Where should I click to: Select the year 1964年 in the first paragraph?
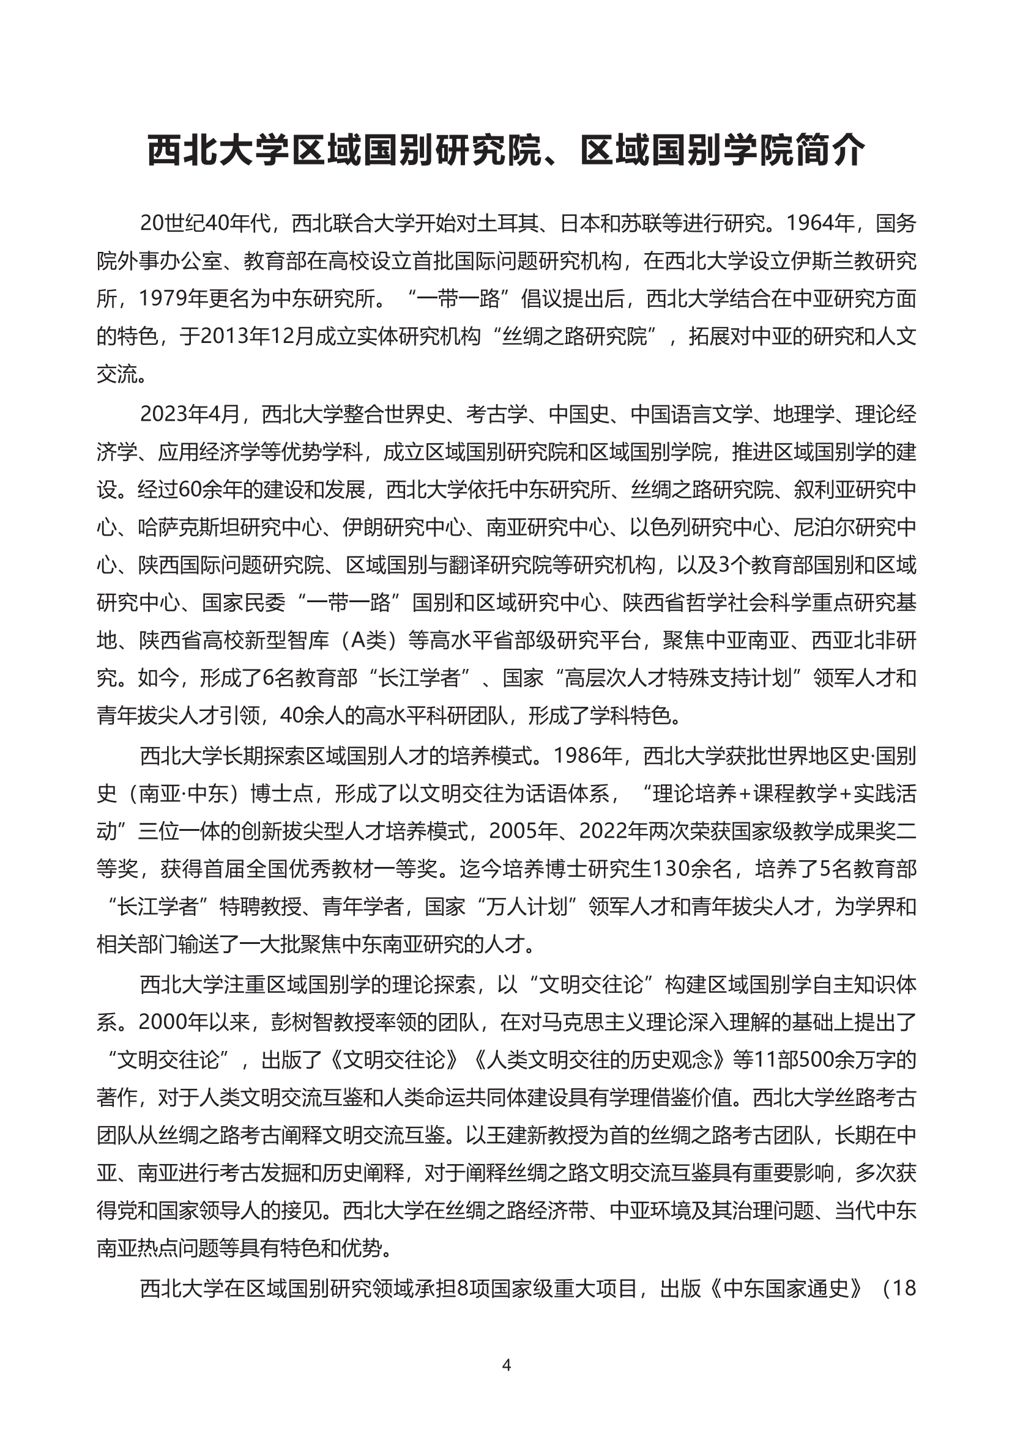pos(813,223)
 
